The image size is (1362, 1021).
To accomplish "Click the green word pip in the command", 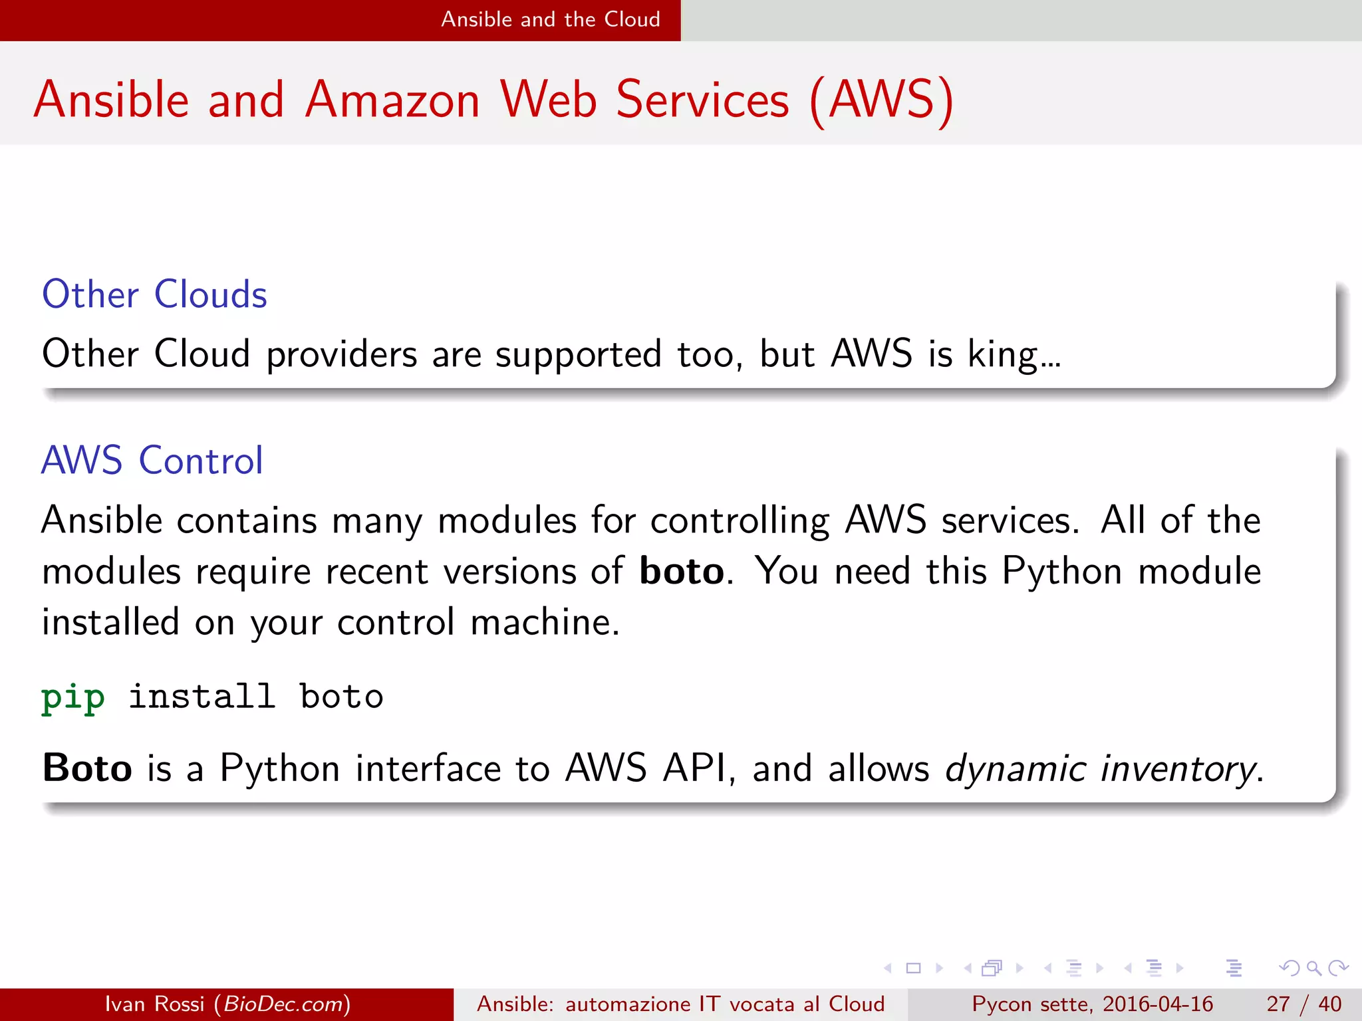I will pyautogui.click(x=73, y=698).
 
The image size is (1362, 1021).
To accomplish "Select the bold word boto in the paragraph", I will pyautogui.click(x=681, y=571).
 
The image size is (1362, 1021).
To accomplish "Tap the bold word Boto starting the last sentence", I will pyautogui.click(x=87, y=768).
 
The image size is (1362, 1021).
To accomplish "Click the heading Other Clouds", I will pyautogui.click(x=154, y=294).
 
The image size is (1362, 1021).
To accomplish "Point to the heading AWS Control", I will pyautogui.click(x=152, y=460).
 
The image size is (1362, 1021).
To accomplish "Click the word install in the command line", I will pyautogui.click(x=202, y=697).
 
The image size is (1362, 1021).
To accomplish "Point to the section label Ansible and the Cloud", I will pyautogui.click(x=551, y=19).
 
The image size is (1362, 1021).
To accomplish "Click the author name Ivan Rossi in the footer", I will pyautogui.click(x=154, y=1004).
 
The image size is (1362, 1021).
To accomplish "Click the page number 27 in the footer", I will pyautogui.click(x=1278, y=1004).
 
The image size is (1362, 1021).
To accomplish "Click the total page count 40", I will pyautogui.click(x=1329, y=1004).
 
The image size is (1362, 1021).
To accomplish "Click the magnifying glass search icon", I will pyautogui.click(x=1313, y=968).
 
